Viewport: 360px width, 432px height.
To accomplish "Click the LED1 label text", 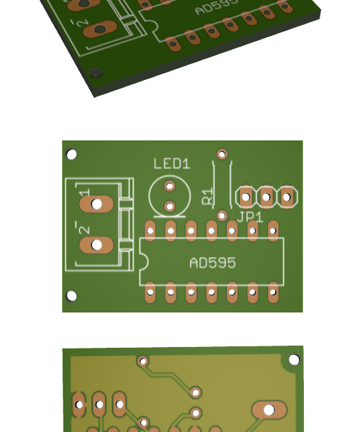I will (171, 163).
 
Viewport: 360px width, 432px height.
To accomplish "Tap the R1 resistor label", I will (207, 196).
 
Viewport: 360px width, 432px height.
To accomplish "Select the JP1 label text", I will (250, 217).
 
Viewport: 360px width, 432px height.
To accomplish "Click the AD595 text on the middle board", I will (212, 263).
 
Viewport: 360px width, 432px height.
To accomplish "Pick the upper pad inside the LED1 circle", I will (170, 186).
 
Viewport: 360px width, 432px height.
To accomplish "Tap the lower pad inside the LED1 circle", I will (170, 207).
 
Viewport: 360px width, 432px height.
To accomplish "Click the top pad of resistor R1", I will (222, 154).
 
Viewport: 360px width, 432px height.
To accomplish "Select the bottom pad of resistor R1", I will (222, 215).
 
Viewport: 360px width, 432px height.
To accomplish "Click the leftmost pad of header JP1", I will (246, 197).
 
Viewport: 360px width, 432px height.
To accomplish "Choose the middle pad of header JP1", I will (266, 197).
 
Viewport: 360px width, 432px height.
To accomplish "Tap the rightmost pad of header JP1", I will (287, 197).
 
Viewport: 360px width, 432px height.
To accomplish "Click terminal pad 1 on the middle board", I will (96, 204).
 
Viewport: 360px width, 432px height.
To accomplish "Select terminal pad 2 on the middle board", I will (96, 245).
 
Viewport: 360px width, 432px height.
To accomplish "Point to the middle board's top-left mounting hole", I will (71, 154).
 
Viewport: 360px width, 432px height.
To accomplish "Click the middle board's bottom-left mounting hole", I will (71, 296).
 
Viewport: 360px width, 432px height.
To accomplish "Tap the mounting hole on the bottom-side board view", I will (294, 359).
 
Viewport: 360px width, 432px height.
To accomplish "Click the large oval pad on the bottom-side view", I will (269, 410).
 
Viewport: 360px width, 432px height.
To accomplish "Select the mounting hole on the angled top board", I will (96, 73).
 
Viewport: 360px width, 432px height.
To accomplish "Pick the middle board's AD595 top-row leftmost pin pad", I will (150, 230).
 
